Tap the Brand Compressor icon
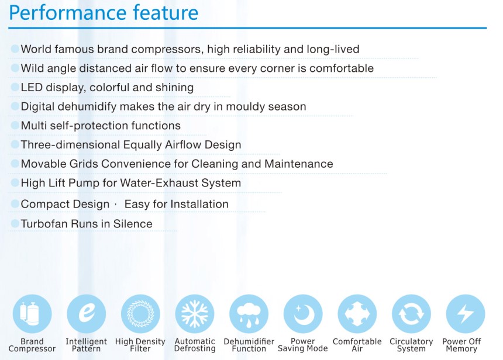tap(32, 314)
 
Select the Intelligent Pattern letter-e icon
tap(87, 314)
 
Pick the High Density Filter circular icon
tap(140, 314)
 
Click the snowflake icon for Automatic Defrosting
tap(195, 314)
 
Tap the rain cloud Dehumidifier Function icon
tap(249, 314)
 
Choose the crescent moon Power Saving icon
tap(303, 314)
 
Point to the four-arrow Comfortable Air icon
tap(357, 314)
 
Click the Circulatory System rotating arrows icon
tap(412, 314)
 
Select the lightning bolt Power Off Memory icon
tap(466, 314)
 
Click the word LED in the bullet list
tap(32, 87)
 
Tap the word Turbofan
tap(44, 224)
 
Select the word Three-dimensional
tap(70, 144)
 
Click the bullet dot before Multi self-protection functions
tap(15, 125)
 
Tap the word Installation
tap(199, 204)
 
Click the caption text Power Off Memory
tap(461, 345)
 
